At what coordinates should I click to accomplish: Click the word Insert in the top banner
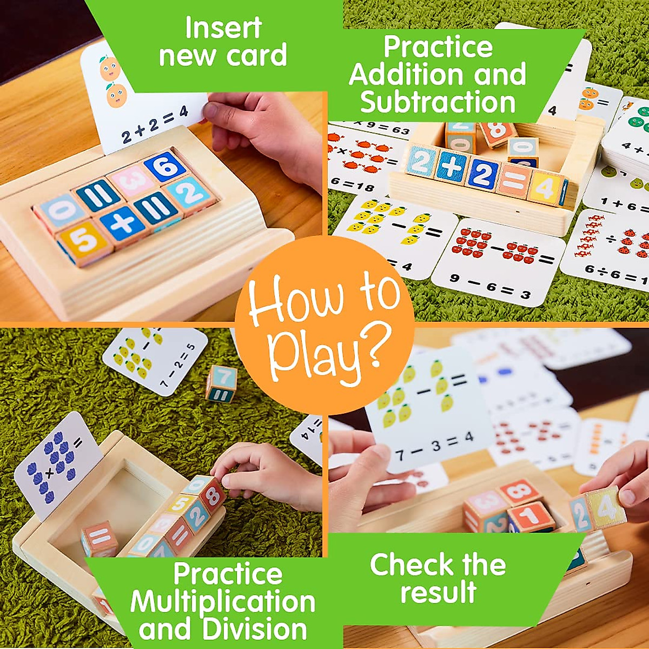click(x=223, y=28)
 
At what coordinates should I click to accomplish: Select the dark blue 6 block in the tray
click(x=166, y=168)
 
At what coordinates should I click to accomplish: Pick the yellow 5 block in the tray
click(x=84, y=242)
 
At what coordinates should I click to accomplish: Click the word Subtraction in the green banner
click(x=438, y=102)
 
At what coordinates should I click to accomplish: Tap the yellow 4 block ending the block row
click(x=545, y=188)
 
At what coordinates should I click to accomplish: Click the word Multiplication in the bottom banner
click(x=223, y=601)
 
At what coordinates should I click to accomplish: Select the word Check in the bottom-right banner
click(x=408, y=565)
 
